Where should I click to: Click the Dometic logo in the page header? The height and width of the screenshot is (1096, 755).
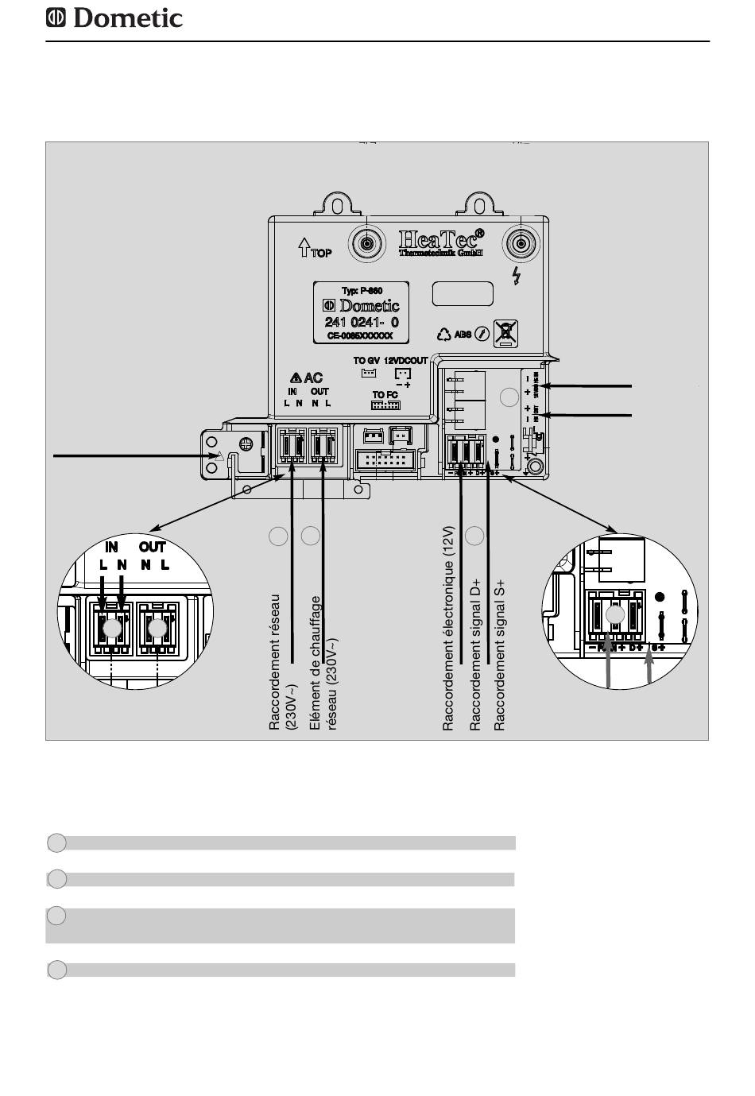click(114, 17)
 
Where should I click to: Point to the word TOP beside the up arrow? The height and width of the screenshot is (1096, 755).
click(322, 254)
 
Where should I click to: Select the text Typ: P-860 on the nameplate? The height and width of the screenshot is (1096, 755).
click(362, 291)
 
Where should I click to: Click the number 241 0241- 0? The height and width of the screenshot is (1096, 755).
click(362, 322)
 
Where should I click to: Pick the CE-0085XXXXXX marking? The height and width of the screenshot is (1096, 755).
click(361, 336)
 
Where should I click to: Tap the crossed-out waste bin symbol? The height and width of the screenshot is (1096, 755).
click(505, 332)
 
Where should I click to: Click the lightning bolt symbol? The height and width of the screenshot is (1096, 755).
click(517, 276)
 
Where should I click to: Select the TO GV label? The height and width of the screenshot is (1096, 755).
click(366, 361)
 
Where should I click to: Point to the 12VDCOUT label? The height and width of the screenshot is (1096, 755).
click(405, 361)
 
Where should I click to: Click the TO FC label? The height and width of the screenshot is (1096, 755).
click(385, 395)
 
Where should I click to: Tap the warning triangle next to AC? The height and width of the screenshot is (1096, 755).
click(295, 378)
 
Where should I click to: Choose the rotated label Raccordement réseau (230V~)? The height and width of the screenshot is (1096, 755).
click(282, 661)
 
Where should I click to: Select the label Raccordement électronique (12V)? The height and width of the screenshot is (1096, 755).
click(448, 628)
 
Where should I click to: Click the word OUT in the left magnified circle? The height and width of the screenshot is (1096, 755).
click(151, 547)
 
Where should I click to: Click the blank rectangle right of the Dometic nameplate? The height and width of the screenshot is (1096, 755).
click(463, 293)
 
